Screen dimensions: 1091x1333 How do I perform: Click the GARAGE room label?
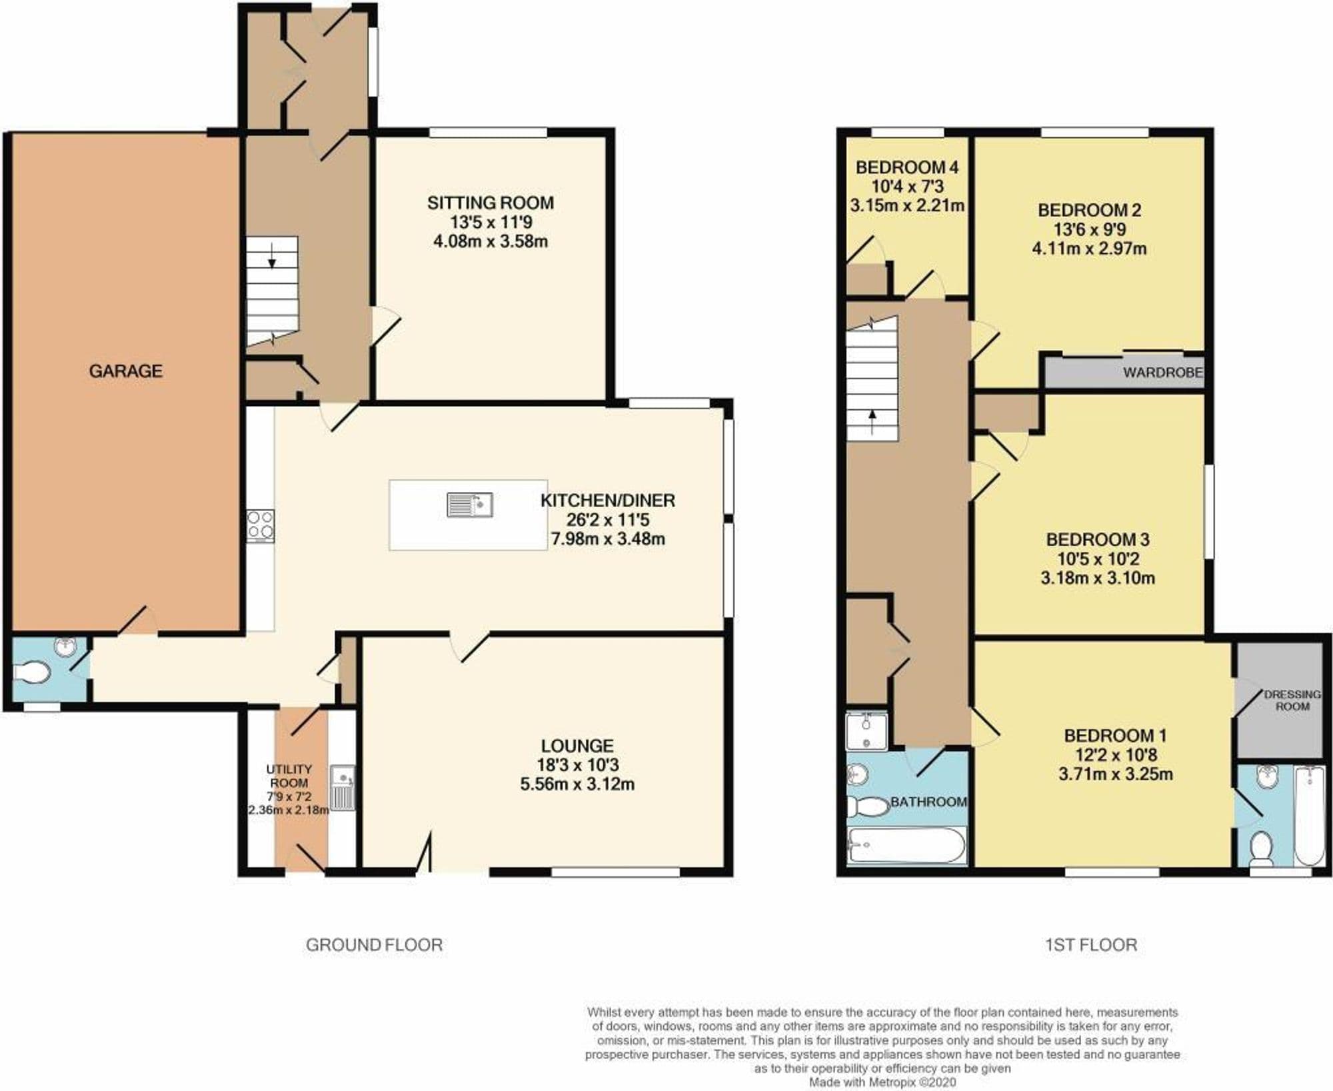pos(125,371)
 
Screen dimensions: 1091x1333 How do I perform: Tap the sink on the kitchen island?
pos(469,505)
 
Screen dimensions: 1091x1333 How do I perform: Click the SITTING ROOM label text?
pos(491,203)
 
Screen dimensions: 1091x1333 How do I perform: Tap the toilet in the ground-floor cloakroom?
pos(33,672)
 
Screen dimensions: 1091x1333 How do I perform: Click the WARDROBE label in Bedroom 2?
pos(1162,373)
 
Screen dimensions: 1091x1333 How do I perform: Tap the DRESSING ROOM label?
pos(1292,700)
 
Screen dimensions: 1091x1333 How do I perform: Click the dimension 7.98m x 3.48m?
pos(608,539)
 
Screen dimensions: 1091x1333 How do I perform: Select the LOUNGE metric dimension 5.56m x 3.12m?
pos(577,784)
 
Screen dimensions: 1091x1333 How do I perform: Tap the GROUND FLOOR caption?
pos(374,944)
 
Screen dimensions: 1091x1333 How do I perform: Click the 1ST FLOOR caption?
pos(1090,944)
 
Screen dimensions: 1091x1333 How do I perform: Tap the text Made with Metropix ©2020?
pos(882,1083)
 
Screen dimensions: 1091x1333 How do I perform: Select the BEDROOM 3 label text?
pos(1098,539)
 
